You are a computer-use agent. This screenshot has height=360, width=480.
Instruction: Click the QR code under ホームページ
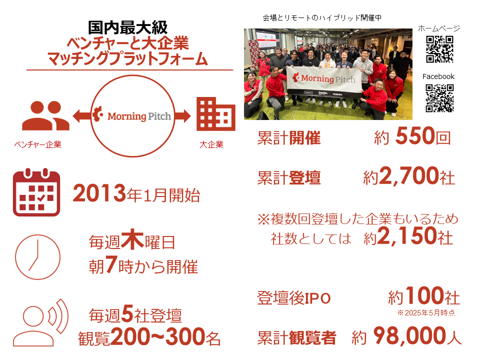[x=439, y=49]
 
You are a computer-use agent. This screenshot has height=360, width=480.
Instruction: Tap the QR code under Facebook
[x=439, y=98]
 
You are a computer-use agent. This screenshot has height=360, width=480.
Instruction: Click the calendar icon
[x=36, y=192]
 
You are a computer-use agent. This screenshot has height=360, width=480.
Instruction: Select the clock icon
[x=37, y=257]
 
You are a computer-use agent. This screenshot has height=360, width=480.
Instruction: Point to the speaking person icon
[x=40, y=322]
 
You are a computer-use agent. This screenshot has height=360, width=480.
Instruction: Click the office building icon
[x=216, y=114]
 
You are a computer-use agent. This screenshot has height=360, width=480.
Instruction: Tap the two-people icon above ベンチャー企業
[x=45, y=115]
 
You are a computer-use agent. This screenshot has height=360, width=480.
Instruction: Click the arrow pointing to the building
[x=183, y=116]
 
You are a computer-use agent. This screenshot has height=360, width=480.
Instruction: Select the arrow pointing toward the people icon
[x=82, y=116]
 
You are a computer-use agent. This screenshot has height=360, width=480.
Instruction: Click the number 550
[x=415, y=135]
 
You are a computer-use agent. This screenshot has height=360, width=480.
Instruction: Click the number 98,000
[x=409, y=336]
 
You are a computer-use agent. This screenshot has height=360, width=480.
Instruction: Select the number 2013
[x=99, y=193]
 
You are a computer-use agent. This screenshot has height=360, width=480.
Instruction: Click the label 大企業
[x=211, y=144]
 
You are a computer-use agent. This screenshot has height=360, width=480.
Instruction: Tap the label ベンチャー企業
[x=38, y=144]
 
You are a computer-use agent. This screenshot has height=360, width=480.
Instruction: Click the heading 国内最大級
[x=128, y=27]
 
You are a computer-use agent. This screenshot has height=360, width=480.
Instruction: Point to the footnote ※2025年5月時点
[x=426, y=312]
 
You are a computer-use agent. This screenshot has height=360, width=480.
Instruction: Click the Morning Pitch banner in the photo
[x=324, y=81]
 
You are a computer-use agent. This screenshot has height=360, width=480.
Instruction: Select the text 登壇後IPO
[x=294, y=298]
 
